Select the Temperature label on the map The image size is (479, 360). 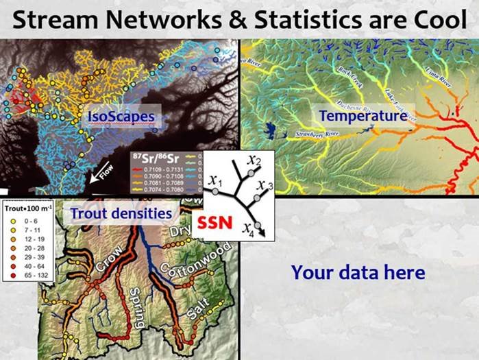[x=363, y=116]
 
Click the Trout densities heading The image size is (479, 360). [x=121, y=214]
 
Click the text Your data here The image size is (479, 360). [x=358, y=272]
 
